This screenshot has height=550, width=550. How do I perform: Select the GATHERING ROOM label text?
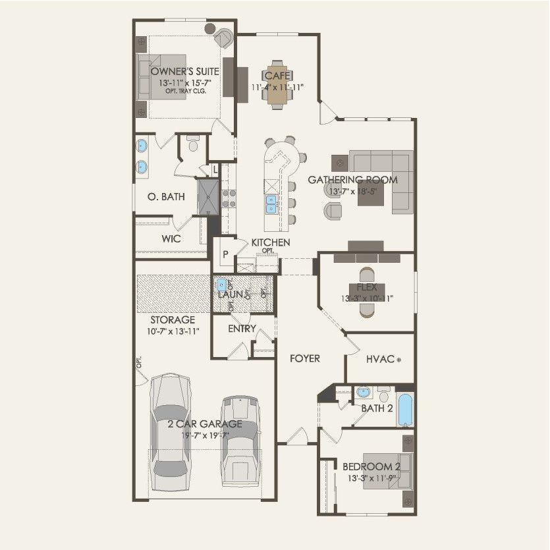tap(353, 179)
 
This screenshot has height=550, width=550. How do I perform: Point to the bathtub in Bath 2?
tap(405, 410)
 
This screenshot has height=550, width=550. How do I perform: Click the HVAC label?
tap(380, 359)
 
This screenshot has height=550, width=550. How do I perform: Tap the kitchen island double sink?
tap(271, 205)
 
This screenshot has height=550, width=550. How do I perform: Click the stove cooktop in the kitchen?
tap(229, 198)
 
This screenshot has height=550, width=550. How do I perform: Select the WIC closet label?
tap(171, 239)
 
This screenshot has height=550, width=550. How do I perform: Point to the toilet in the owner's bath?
tap(193, 144)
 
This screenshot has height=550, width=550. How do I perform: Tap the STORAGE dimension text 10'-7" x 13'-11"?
tap(172, 331)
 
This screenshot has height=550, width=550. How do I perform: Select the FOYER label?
tap(305, 358)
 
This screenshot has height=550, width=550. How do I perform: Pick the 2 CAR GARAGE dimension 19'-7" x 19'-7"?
tap(204, 435)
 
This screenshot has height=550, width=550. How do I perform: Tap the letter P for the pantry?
tap(225, 254)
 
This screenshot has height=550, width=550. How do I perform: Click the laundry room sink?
tap(222, 285)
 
